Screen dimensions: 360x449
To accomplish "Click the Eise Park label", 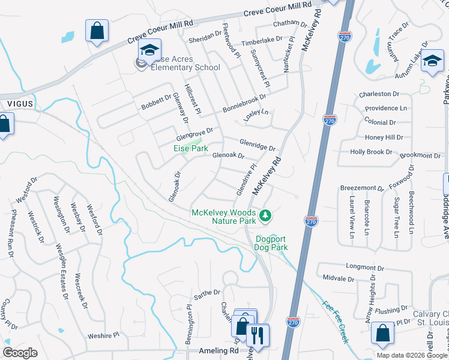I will pos(191,148).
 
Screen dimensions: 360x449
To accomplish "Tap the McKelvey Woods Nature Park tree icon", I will pos(265,214).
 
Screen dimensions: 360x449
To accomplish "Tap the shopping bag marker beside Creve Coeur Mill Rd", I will pos(97,31).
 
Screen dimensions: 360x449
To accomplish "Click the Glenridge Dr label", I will pos(257,144).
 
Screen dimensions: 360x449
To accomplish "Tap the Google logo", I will pos(20,353).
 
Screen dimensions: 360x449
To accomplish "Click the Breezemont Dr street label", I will pos(361,188).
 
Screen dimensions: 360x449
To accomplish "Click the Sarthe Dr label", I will pos(207,293).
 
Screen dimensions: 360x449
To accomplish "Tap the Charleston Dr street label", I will pos(379,94).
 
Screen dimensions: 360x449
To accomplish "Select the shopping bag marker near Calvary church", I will pos(382,333).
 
